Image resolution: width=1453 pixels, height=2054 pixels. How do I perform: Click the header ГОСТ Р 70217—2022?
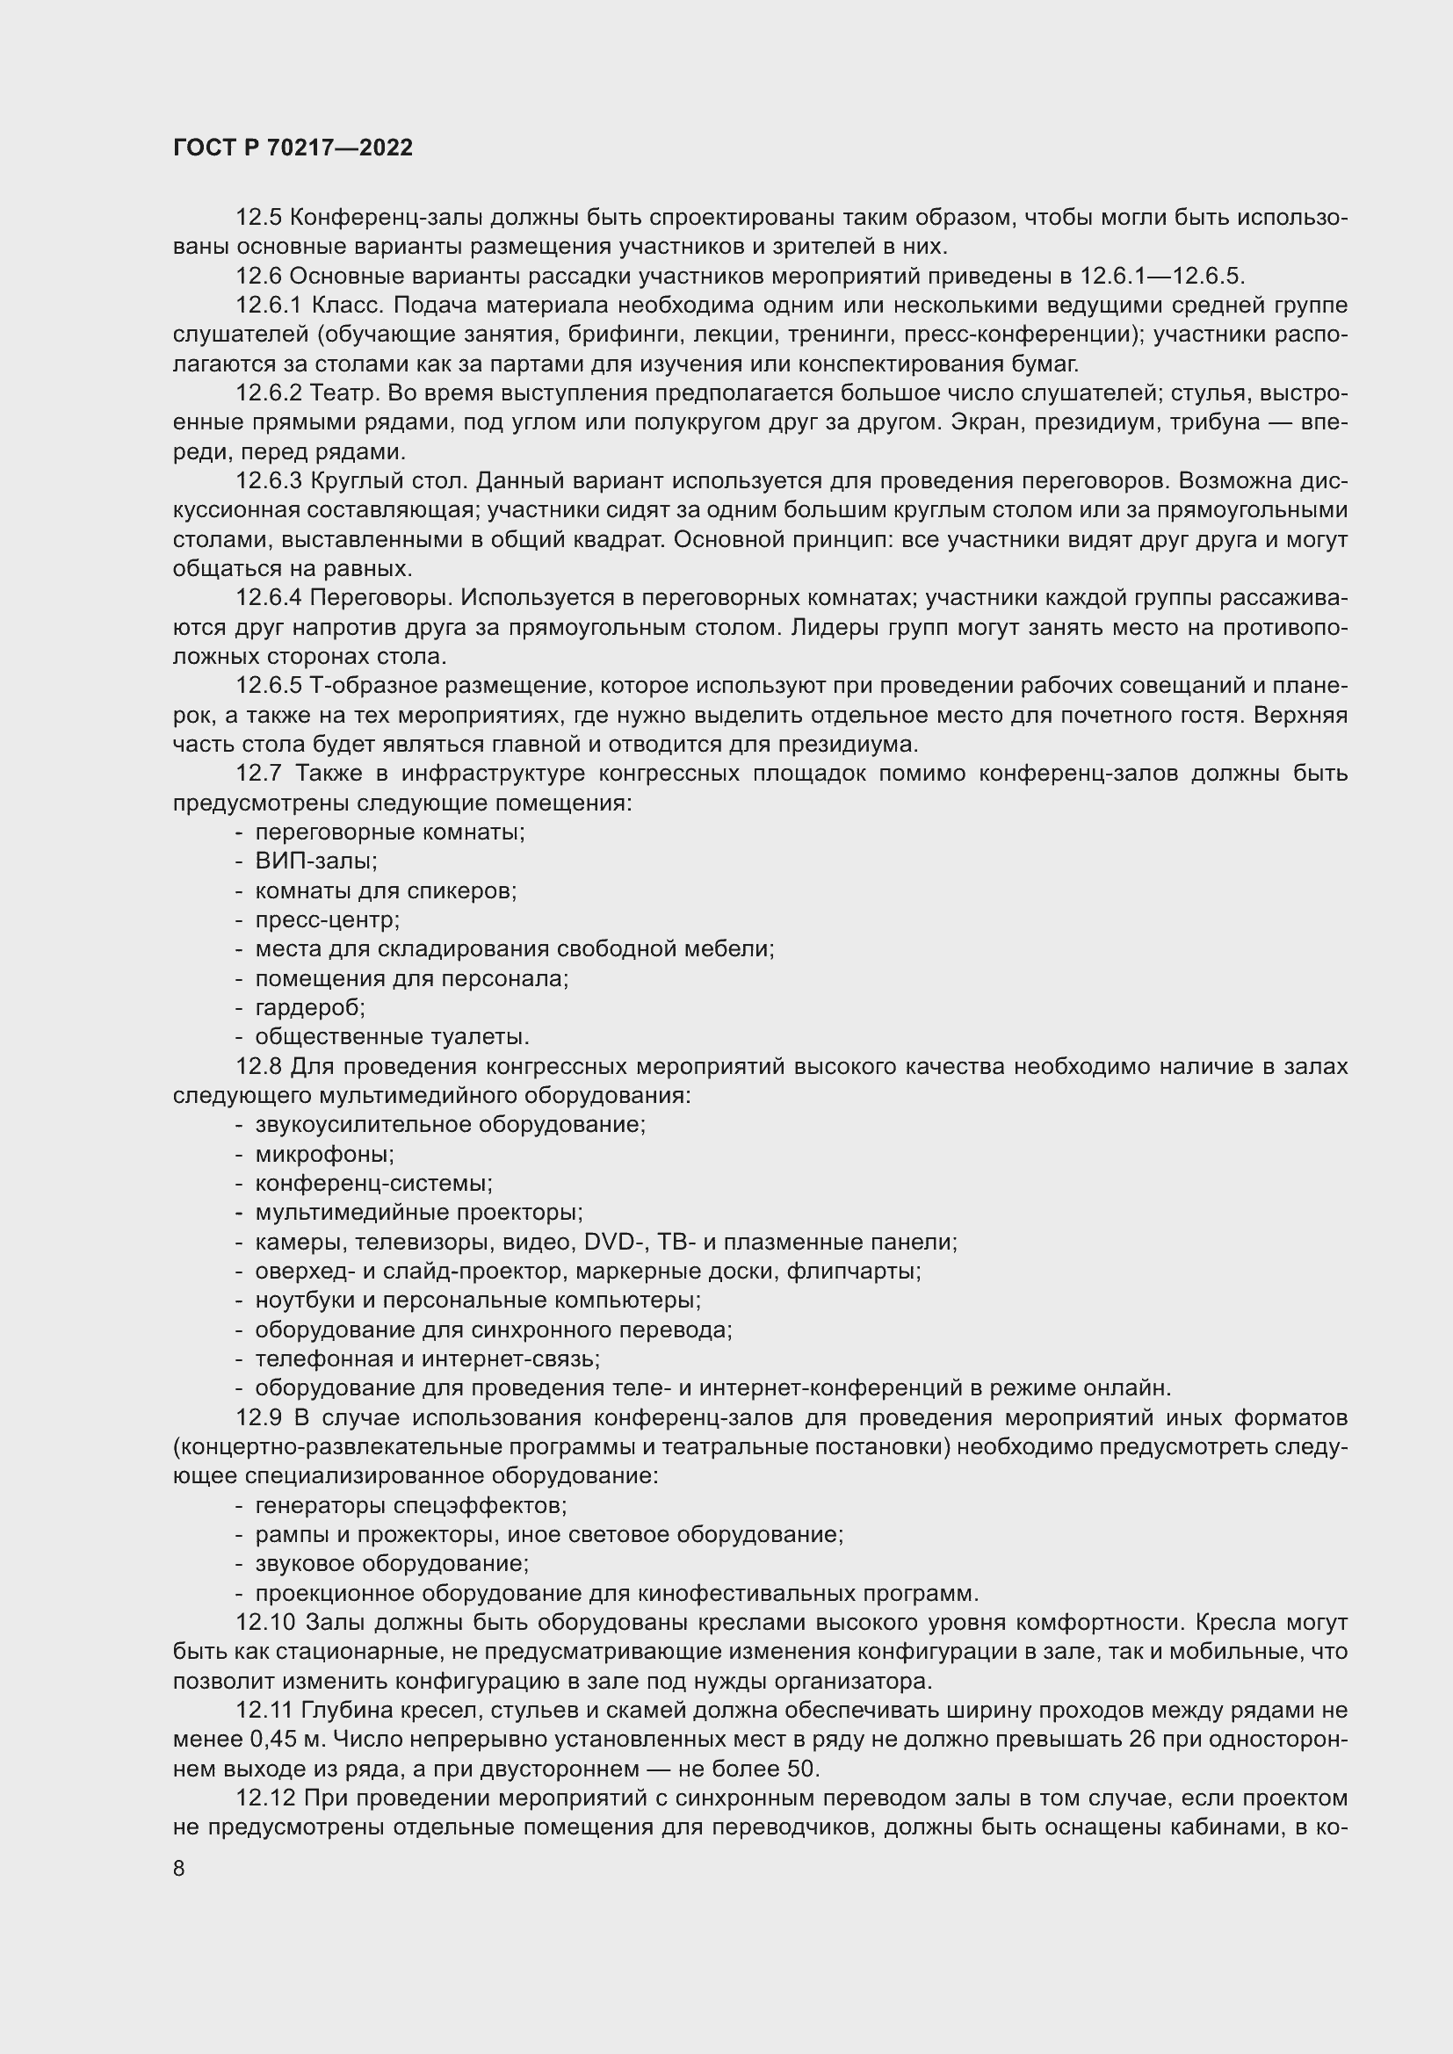293,148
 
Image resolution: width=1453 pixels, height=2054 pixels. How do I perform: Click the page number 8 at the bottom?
179,1868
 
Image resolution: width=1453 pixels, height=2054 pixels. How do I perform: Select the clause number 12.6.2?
269,393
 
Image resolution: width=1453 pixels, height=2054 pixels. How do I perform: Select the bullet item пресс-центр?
328,919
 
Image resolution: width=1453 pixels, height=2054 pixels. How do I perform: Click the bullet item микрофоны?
324,1154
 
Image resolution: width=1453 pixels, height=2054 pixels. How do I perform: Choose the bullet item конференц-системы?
373,1184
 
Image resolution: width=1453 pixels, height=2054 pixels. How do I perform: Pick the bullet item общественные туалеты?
392,1037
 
